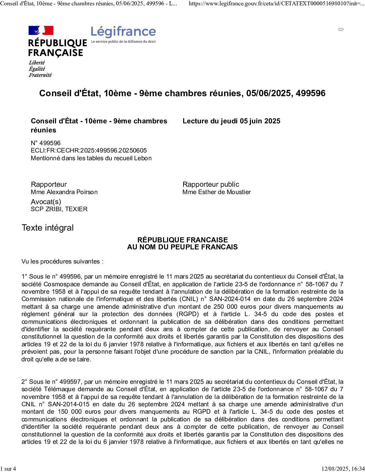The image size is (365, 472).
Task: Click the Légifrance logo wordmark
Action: coord(123,32)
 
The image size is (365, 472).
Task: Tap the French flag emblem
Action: coord(41,31)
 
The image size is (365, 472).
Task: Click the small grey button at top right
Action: coord(341,29)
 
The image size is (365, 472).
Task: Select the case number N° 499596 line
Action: coord(46,143)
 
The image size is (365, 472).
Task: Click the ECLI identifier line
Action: coord(89,151)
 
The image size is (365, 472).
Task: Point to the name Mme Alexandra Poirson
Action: coord(64,192)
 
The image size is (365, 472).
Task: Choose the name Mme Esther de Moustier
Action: coord(216,192)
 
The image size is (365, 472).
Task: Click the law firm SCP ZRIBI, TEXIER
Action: coord(59,209)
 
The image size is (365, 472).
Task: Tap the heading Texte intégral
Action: coord(47,228)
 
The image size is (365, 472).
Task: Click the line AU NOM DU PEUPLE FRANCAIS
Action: coord(182,247)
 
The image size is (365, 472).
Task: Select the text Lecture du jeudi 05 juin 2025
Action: coord(231,121)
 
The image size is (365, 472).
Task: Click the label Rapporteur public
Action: coord(211,184)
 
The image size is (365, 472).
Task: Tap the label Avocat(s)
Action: coord(46,202)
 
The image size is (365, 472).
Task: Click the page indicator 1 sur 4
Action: coord(8,469)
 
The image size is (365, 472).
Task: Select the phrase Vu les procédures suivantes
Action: coord(62,261)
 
